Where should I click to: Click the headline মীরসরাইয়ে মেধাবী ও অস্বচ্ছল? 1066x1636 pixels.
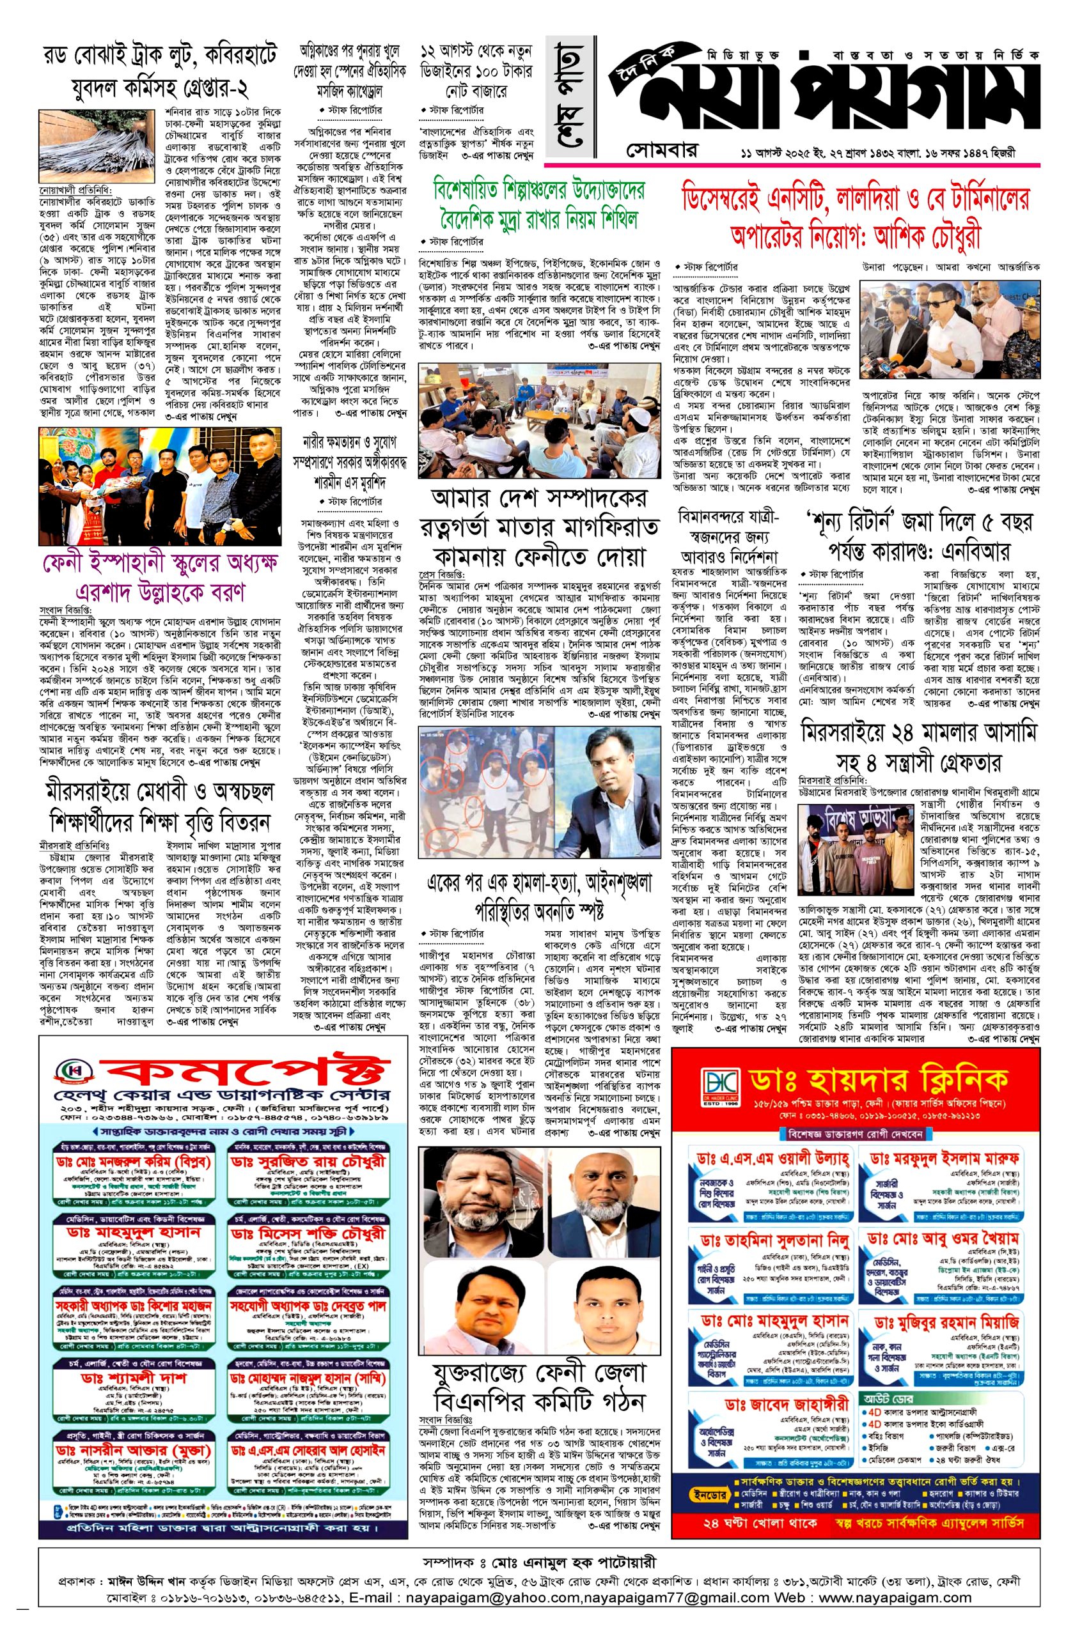[x=161, y=804]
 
